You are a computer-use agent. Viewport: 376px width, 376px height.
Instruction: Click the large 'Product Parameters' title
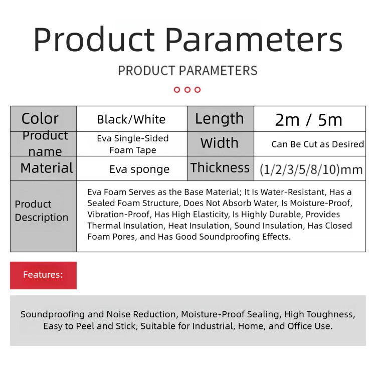coord(188,40)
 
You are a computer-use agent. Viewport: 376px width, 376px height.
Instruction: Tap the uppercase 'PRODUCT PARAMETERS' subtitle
coord(188,71)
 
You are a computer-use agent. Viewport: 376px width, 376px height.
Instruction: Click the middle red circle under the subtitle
coord(187,90)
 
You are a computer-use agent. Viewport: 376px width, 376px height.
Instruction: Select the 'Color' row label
coord(40,118)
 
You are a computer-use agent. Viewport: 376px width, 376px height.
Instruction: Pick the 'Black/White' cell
coord(131,119)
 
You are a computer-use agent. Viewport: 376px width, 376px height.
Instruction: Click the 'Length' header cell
coord(220,118)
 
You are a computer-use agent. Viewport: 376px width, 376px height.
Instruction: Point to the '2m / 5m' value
coord(309,120)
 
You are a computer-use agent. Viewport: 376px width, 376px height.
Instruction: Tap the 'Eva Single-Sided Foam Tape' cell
coord(133,144)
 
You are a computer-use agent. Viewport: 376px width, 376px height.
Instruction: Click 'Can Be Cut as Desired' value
coord(318,144)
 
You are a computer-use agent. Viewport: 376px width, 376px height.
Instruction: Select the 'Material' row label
coord(47,168)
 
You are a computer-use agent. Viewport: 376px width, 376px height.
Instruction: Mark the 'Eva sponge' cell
coord(139,169)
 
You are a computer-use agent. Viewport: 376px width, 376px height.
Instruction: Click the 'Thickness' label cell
coord(220,167)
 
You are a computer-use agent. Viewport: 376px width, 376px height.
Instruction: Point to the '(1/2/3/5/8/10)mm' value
coord(311,169)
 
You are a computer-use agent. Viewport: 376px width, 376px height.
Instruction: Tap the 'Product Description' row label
coord(42,211)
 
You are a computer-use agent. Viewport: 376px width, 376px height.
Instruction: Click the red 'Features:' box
coord(44,275)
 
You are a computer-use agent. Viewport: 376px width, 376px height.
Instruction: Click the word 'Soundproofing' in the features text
coord(53,314)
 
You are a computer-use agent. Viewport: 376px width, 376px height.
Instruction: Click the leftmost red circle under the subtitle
coord(177,90)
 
